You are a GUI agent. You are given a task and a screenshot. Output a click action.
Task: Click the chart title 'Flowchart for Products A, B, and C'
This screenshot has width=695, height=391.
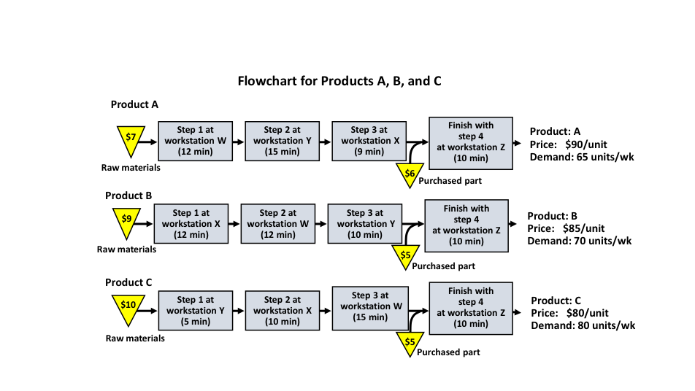tap(339, 81)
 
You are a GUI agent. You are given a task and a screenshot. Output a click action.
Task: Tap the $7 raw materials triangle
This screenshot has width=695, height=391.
tap(131, 139)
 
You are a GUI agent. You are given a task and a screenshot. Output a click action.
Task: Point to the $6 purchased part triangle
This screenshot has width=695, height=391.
tap(410, 174)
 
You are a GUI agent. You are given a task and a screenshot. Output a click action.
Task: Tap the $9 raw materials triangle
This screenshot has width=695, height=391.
tap(126, 220)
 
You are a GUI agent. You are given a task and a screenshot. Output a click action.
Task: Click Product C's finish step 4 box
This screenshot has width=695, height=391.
tap(470, 307)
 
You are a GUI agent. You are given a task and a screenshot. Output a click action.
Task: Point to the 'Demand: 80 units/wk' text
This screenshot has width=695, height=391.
tap(583, 325)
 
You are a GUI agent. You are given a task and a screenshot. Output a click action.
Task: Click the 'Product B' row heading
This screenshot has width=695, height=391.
tap(128, 195)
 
